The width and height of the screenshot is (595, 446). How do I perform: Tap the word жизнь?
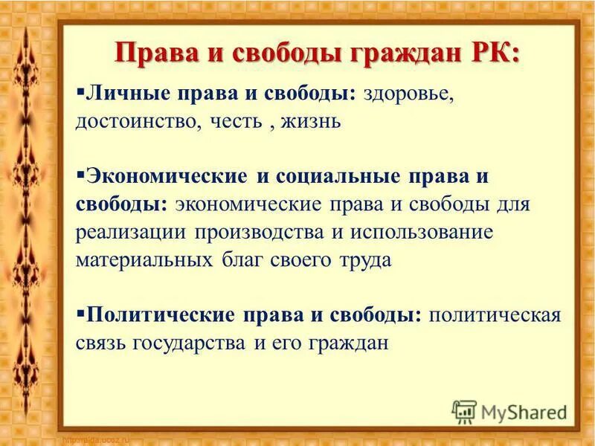(311, 122)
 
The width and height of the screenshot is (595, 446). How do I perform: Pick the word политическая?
(495, 314)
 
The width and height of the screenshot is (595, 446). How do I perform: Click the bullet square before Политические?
(80, 310)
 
